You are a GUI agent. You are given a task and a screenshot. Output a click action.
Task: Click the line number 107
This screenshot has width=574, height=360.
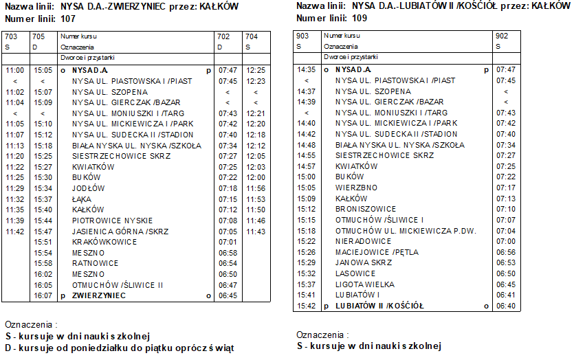tap(67, 19)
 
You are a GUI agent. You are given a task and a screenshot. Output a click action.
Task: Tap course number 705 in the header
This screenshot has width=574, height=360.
tap(38, 36)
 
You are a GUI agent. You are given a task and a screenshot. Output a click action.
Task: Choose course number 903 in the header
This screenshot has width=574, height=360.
tap(302, 35)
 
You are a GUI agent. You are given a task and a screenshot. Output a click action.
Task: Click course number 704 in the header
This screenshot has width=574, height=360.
tap(252, 36)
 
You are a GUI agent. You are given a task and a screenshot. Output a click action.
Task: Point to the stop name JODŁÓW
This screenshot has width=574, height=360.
tap(88, 188)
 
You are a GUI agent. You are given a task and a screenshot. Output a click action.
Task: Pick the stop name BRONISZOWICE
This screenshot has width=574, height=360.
tap(366, 209)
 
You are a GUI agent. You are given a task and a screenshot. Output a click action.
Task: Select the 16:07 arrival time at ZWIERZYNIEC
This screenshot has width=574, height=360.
tap(43, 295)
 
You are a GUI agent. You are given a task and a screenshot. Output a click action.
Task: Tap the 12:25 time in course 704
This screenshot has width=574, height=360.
tap(256, 70)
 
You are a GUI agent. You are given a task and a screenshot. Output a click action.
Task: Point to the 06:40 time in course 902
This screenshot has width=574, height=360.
tap(505, 306)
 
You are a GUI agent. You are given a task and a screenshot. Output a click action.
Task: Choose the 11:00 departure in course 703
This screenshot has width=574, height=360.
tap(14, 70)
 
